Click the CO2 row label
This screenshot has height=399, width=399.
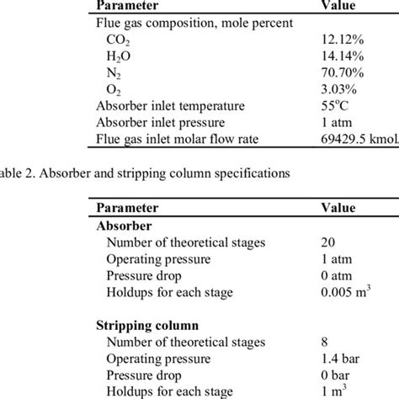pyautogui.click(x=119, y=41)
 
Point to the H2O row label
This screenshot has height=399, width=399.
pyautogui.click(x=119, y=58)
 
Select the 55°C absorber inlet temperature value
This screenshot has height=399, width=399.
pyautogui.click(x=334, y=106)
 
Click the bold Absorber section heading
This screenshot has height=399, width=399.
pyautogui.click(x=125, y=226)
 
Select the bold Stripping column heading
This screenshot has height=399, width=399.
pyautogui.click(x=147, y=324)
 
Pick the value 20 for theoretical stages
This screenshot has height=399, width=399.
pyautogui.click(x=328, y=243)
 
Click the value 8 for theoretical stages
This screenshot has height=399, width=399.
pyautogui.click(x=325, y=341)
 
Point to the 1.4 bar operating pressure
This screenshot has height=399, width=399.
pyautogui.click(x=338, y=357)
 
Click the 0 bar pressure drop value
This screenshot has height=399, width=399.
pyautogui.click(x=336, y=374)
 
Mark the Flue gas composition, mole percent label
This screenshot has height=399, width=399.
pyautogui.click(x=194, y=24)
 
